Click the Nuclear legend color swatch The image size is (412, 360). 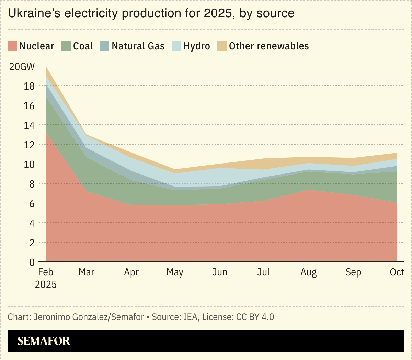tap(12, 46)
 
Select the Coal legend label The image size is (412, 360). tap(83, 46)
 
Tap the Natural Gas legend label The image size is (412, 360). tap(138, 46)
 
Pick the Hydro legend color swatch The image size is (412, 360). tap(176, 46)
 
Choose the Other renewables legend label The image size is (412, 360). tap(269, 46)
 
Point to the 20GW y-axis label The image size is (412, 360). tap(22, 66)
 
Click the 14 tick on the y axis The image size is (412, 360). tap(29, 125)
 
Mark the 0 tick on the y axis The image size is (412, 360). tap(32, 262)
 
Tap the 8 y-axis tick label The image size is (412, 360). tap(32, 184)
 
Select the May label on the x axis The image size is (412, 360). tap(175, 272)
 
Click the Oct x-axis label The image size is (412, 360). tap(397, 272)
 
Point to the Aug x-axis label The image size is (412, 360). tap(308, 272)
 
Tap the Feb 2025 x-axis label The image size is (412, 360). tap(46, 278)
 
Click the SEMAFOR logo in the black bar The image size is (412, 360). tap(44, 341)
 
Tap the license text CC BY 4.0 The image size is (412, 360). tap(255, 317)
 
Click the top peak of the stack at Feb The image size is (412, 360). tap(46, 67)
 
